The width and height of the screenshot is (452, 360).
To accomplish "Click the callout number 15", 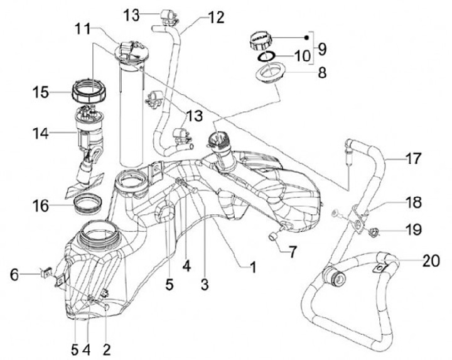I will (42, 92).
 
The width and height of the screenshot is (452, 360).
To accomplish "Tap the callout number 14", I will (42, 133).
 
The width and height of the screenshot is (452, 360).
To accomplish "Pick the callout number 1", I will (252, 268).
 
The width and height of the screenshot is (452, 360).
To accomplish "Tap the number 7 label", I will (293, 252).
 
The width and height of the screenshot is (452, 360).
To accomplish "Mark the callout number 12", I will (215, 18).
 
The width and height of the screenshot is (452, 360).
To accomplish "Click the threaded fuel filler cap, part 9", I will (259, 42).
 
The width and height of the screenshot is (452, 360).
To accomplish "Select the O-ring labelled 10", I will (266, 58).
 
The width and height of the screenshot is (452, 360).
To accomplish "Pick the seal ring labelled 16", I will (90, 204).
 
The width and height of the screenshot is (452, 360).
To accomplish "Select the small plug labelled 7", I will (274, 236).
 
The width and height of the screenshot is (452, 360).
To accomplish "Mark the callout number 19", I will (414, 230).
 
